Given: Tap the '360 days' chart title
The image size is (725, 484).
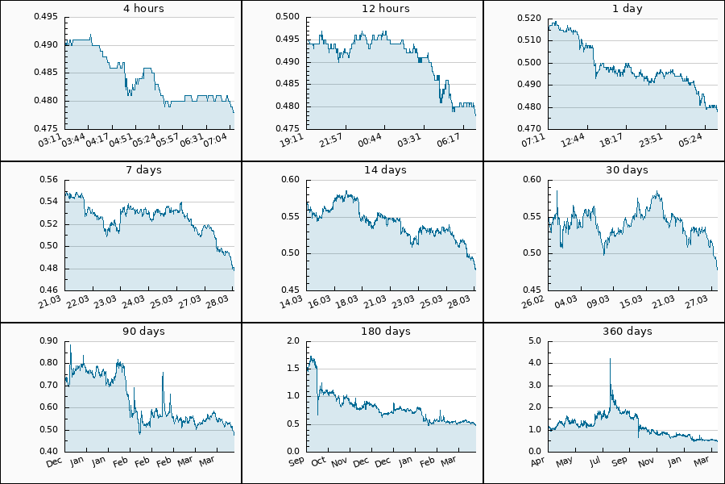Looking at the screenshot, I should (628, 332).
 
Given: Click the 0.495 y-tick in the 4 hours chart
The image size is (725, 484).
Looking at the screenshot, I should (46, 17).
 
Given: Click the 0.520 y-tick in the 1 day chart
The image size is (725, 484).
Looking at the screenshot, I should (529, 17).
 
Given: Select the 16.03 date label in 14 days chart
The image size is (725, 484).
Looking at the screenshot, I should (320, 302).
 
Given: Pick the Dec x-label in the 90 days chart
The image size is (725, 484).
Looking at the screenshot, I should (55, 462).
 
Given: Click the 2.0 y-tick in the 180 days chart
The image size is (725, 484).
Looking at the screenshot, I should (293, 340).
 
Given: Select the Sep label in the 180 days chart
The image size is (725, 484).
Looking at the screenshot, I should (296, 462).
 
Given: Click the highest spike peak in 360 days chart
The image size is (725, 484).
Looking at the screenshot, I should (610, 358).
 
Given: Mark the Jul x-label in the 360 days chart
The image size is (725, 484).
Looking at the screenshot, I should (595, 462).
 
